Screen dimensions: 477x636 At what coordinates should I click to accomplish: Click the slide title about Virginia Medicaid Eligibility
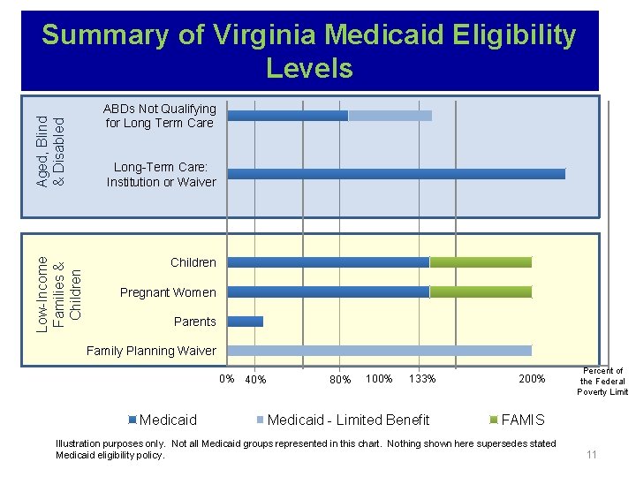[x=309, y=51]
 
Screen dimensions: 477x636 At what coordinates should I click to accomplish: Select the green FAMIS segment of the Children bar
[x=481, y=262]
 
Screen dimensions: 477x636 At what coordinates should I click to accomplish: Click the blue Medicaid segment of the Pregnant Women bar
[x=329, y=292]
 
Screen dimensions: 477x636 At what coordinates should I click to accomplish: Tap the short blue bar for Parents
[x=246, y=322]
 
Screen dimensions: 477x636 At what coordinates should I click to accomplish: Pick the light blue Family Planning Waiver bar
[x=380, y=351]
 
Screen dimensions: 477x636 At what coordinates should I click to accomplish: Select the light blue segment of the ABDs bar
[x=390, y=116]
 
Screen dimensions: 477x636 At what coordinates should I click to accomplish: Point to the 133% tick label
[x=422, y=379]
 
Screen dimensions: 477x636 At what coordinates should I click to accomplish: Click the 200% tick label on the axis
[x=533, y=379]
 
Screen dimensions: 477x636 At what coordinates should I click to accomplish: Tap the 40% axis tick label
[x=255, y=380]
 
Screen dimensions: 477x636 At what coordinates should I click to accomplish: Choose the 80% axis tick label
[x=340, y=380]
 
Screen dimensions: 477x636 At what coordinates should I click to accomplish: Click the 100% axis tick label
[x=379, y=379]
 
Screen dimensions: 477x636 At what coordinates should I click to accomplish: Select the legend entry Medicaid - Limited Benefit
[x=347, y=420]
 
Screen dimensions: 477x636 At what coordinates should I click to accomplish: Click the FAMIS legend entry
[x=522, y=420]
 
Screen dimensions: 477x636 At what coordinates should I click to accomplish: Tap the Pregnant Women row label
[x=168, y=292]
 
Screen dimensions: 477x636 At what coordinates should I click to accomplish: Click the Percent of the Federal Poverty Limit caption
[x=603, y=382]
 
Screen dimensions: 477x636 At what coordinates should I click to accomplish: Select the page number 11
[x=592, y=455]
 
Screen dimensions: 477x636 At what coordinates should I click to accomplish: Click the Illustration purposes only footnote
[x=306, y=449]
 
